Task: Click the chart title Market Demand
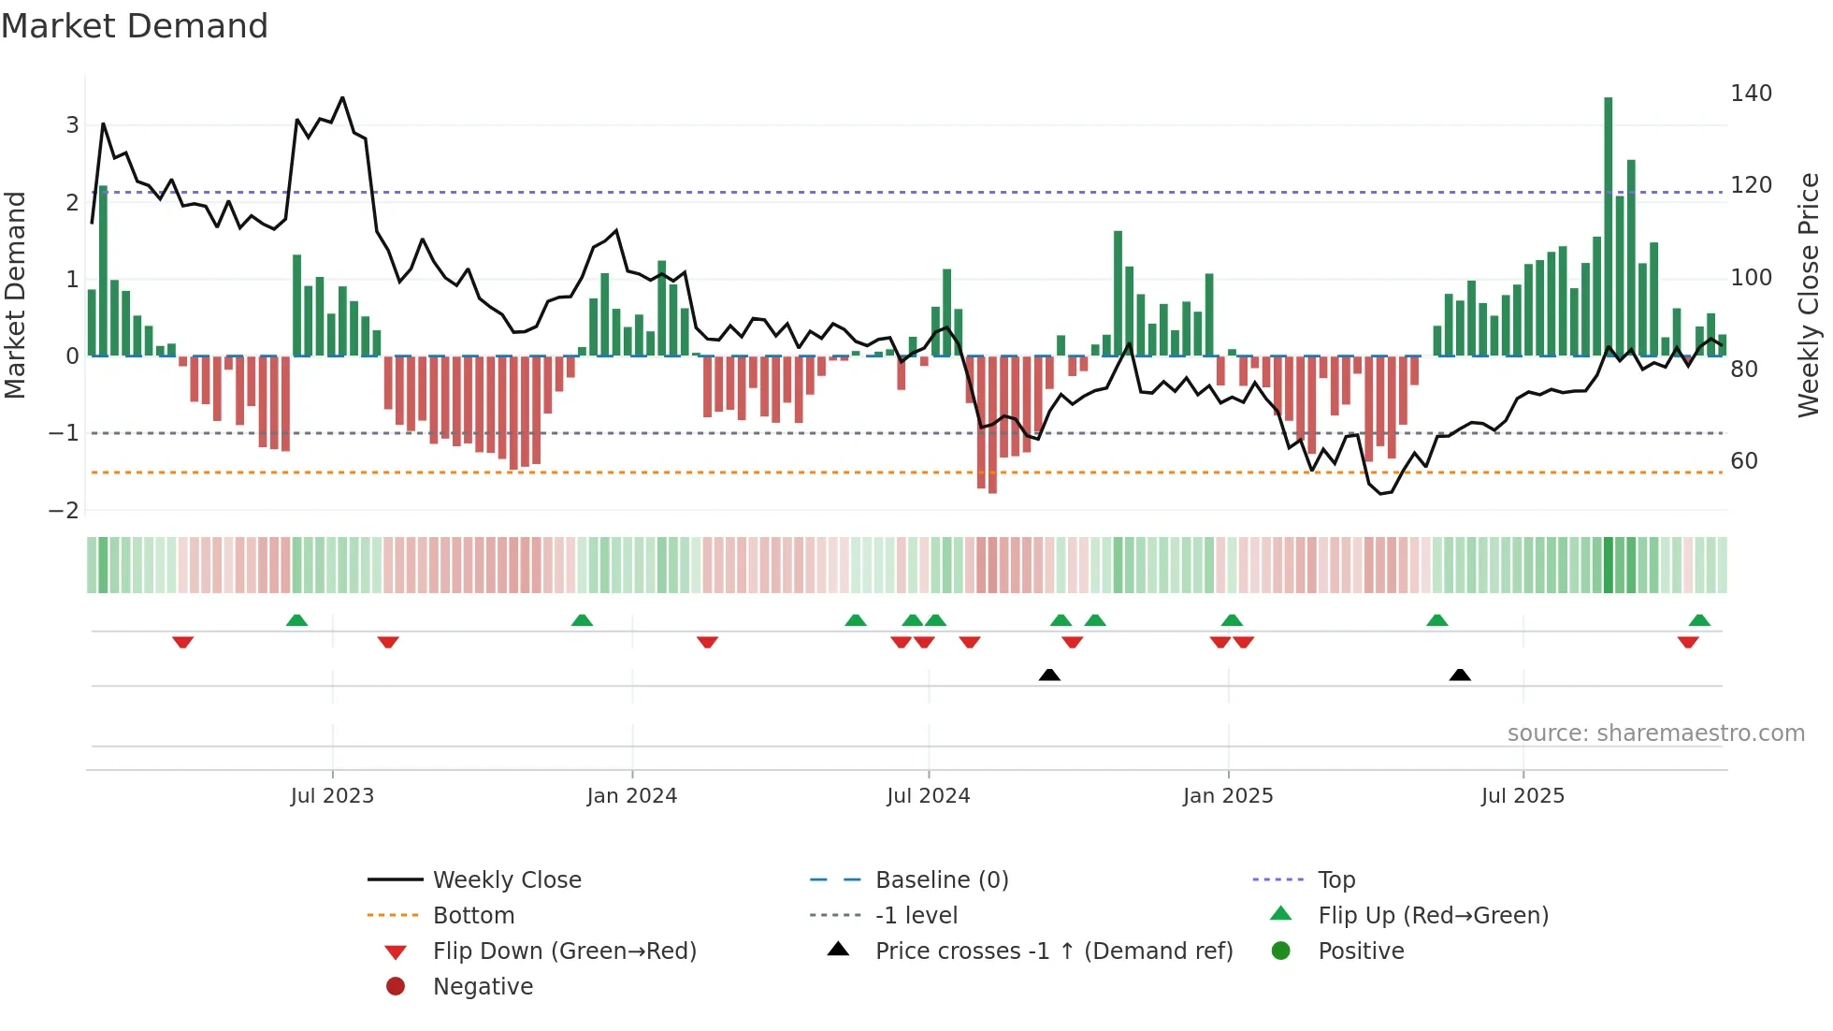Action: coord(135,26)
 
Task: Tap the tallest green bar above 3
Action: coord(1608,225)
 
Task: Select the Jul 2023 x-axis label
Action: coord(332,796)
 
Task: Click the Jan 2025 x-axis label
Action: coord(1227,796)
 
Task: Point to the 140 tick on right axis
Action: coord(1751,94)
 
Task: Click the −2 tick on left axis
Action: coord(64,511)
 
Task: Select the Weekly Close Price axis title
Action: coord(1809,295)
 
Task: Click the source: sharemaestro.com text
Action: coord(1655,733)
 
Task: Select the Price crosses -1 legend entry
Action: coord(1053,951)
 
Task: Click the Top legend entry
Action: coord(1335,880)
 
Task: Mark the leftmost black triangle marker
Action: coord(1049,675)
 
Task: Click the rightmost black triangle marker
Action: coord(1460,675)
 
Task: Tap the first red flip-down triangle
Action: coord(183,642)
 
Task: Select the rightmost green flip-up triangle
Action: coord(1699,620)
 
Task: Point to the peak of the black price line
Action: coord(342,97)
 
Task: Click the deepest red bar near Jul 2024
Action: coord(992,426)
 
